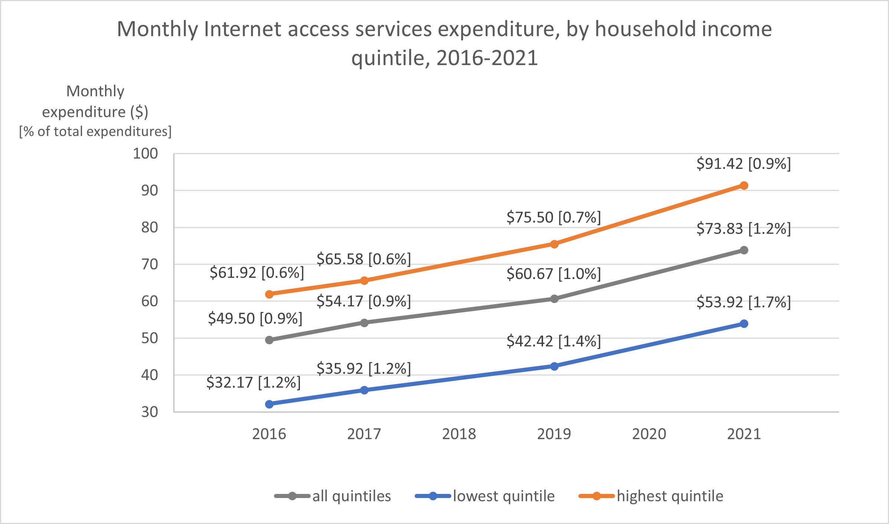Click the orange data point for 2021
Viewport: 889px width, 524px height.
[x=743, y=185]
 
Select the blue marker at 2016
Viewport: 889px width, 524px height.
[x=269, y=404]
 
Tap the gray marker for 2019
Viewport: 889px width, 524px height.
[x=554, y=299]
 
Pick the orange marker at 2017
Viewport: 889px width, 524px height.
[x=364, y=280]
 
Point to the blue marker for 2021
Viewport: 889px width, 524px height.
[x=743, y=324]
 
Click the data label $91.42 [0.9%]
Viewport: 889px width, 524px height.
[x=743, y=164]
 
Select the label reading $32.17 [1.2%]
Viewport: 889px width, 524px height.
[x=254, y=382]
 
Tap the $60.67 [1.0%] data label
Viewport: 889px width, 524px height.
[x=553, y=274]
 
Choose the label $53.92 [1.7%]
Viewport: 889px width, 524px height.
[x=743, y=302]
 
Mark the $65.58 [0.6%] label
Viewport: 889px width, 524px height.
[x=364, y=259]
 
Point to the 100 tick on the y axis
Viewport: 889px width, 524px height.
[x=146, y=154]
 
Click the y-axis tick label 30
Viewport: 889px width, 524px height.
[x=150, y=412]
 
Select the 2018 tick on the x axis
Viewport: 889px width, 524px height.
[x=459, y=434]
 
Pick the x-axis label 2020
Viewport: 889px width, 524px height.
[x=649, y=434]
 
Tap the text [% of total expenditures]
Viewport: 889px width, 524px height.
[x=95, y=131]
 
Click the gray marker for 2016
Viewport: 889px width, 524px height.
[x=269, y=340]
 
